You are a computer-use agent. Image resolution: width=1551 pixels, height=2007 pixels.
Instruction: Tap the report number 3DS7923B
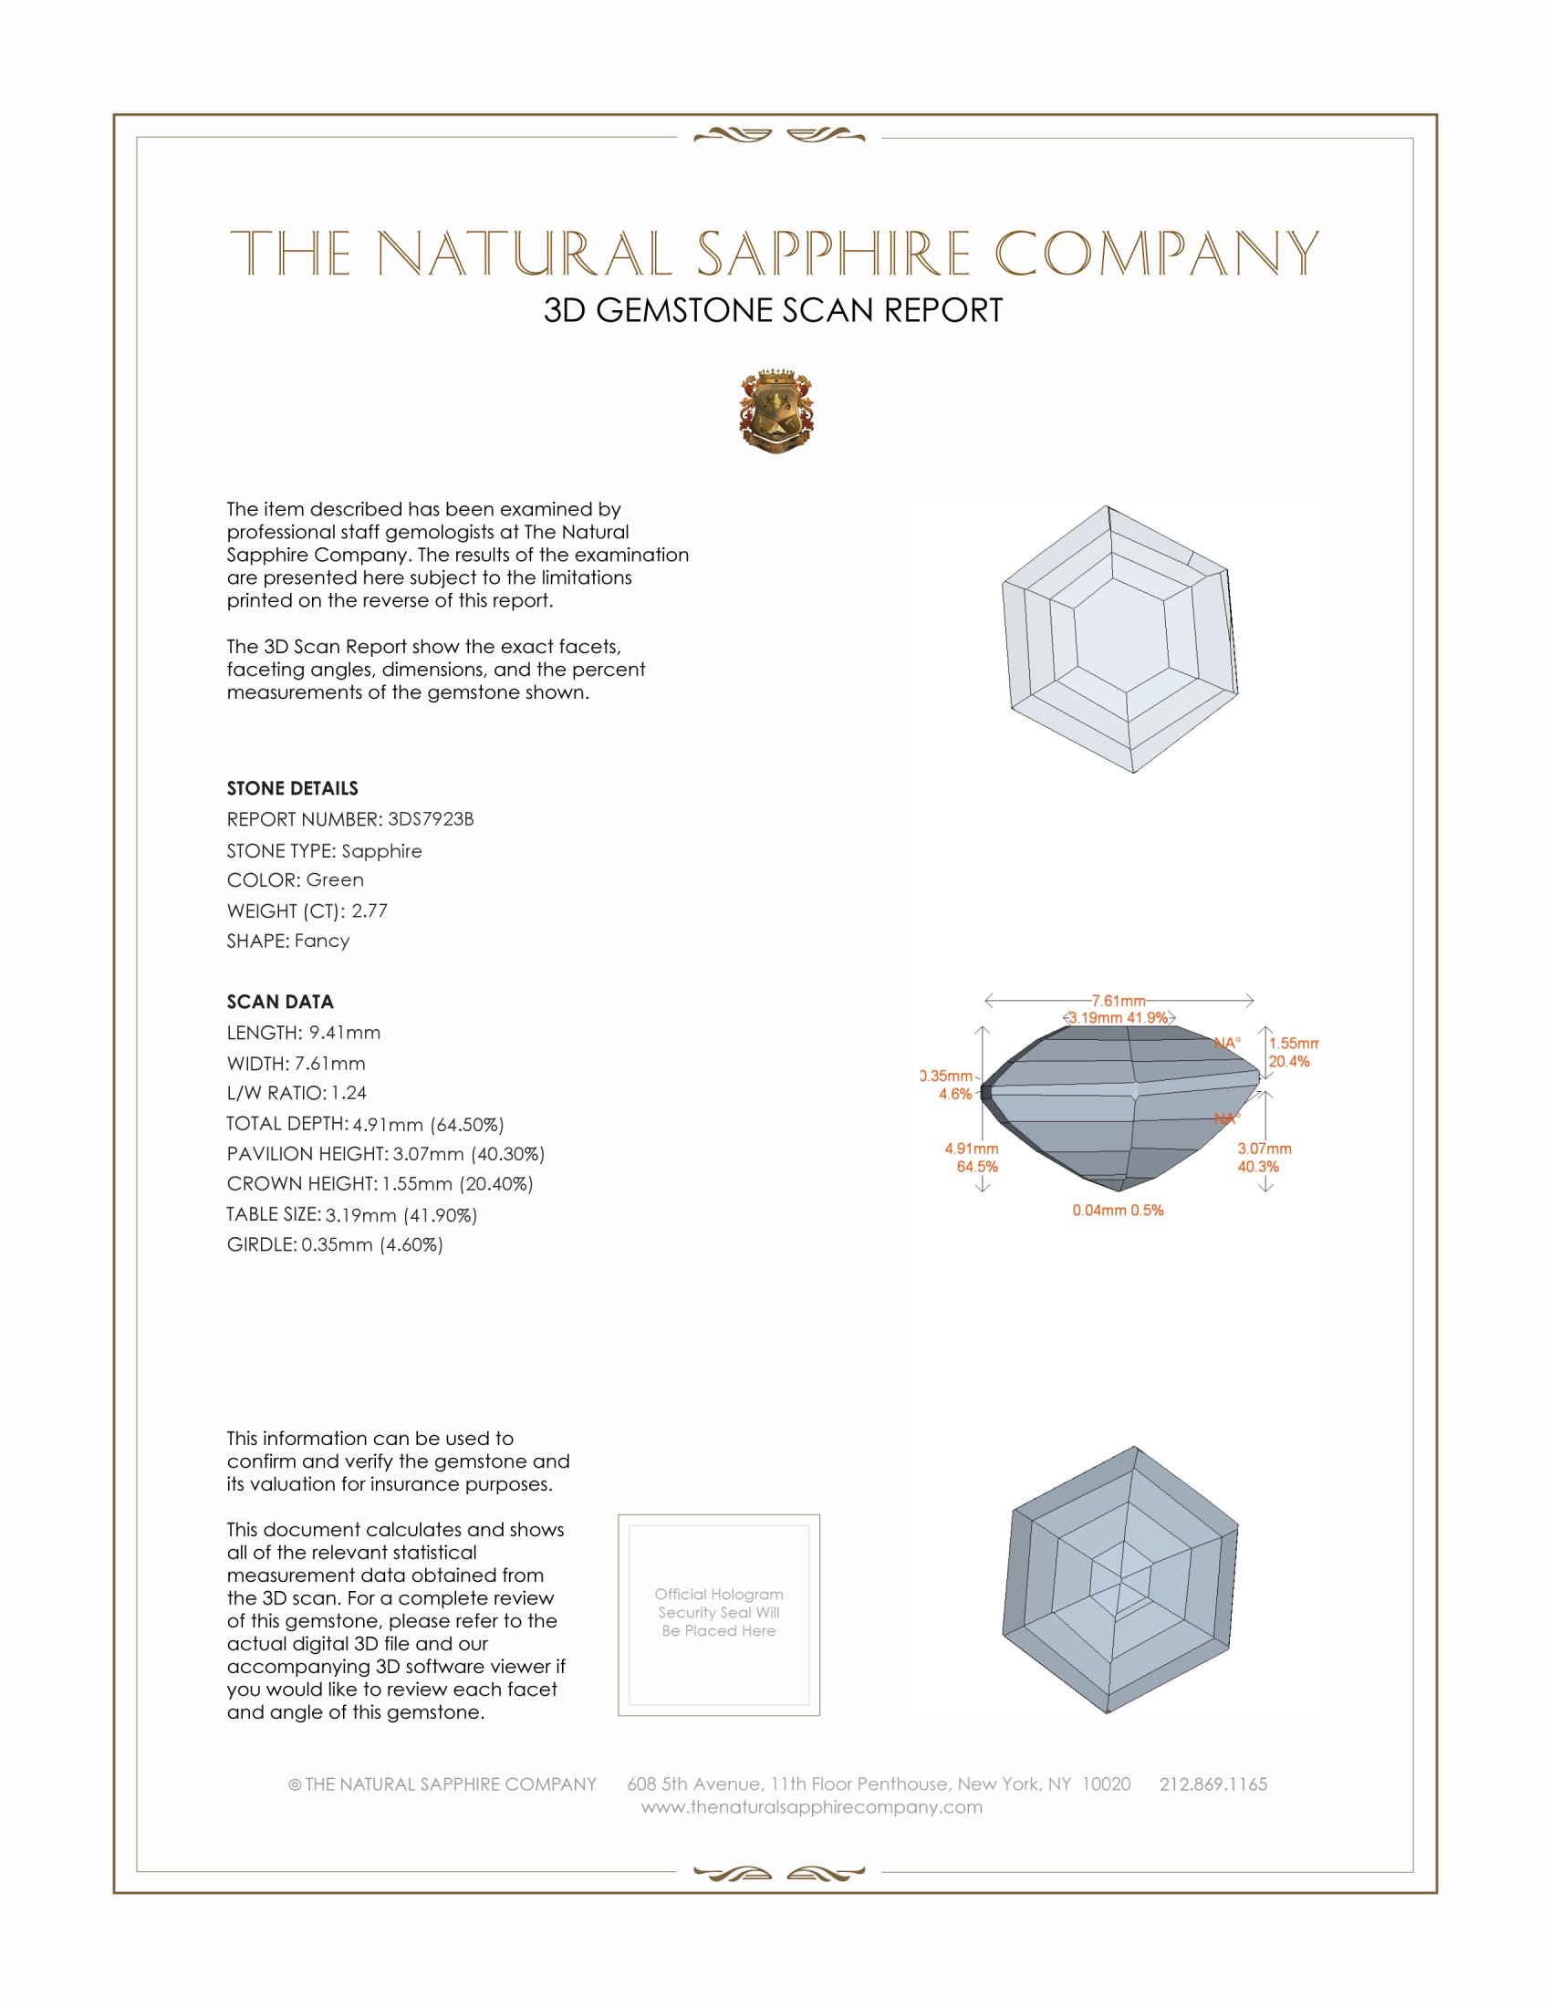coord(430,819)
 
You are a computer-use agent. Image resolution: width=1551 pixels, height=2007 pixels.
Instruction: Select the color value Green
coord(335,880)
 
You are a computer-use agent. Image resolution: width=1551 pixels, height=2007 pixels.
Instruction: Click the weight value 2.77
coord(370,910)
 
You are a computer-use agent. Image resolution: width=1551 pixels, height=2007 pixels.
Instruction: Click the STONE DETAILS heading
coord(292,788)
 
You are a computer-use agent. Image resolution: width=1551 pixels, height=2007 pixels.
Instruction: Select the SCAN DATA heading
coord(280,1002)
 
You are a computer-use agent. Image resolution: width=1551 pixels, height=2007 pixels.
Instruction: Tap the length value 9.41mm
coord(344,1033)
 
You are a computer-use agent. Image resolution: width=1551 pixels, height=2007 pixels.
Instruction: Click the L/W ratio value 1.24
coord(349,1094)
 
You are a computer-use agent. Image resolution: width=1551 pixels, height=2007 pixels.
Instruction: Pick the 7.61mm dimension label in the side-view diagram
coord(1119,1000)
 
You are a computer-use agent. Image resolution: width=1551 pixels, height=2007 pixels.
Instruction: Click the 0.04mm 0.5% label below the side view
coord(1118,1211)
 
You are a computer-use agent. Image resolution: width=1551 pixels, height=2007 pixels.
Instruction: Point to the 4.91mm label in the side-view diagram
coord(972,1149)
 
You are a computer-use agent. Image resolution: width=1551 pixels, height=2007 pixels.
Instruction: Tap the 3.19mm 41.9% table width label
coord(1119,1017)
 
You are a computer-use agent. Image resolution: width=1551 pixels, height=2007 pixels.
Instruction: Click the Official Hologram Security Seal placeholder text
coord(719,1612)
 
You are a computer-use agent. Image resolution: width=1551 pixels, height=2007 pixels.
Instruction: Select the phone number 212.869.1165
coord(1213,1783)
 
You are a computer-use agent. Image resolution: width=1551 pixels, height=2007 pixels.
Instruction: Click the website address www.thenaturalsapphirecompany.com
coord(811,1806)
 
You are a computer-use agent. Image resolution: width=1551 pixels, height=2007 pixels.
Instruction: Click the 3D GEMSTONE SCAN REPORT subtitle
coord(773,310)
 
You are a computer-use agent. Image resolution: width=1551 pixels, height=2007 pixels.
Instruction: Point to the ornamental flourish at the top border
coord(778,136)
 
